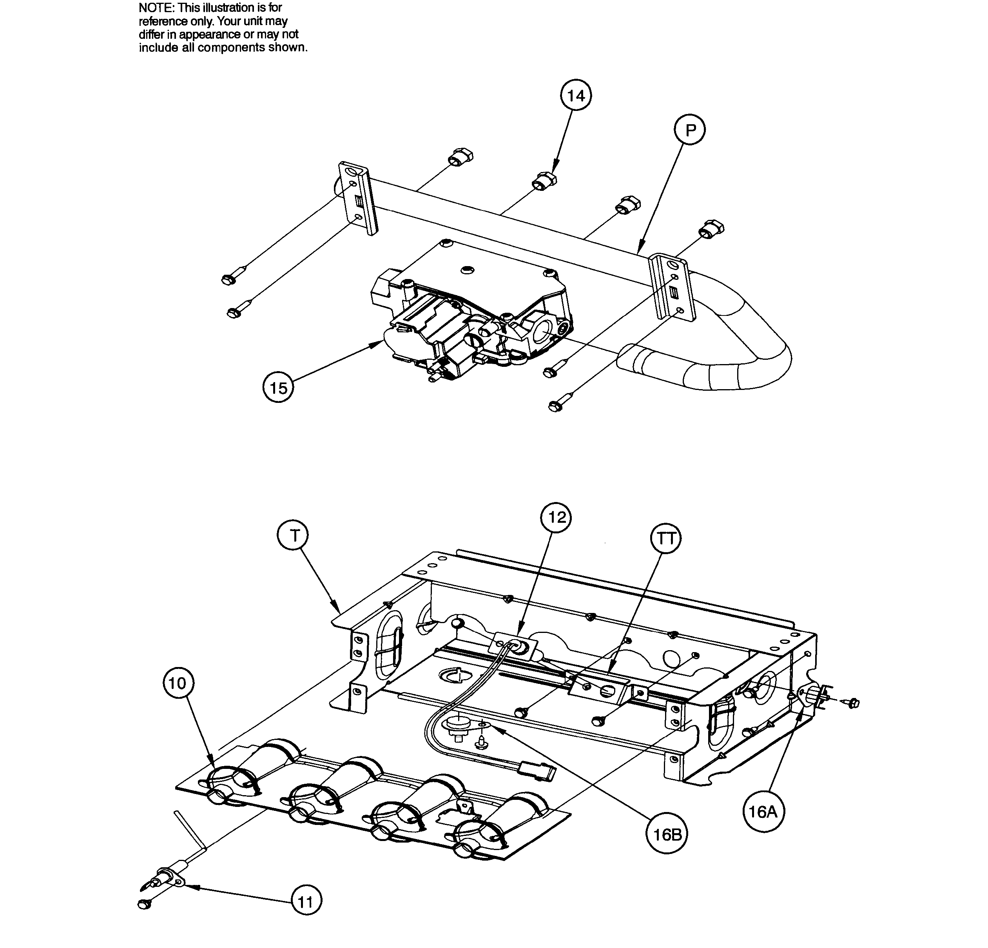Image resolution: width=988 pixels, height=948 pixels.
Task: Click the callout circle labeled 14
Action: pos(576,95)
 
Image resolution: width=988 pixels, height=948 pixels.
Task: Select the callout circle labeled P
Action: pos(690,130)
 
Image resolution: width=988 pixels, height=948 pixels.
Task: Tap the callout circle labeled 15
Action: pos(278,388)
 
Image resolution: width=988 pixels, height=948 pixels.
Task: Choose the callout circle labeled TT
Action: pos(666,539)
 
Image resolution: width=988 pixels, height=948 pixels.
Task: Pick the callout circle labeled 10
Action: pos(178,683)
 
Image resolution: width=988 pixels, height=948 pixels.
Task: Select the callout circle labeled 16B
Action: pos(667,835)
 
